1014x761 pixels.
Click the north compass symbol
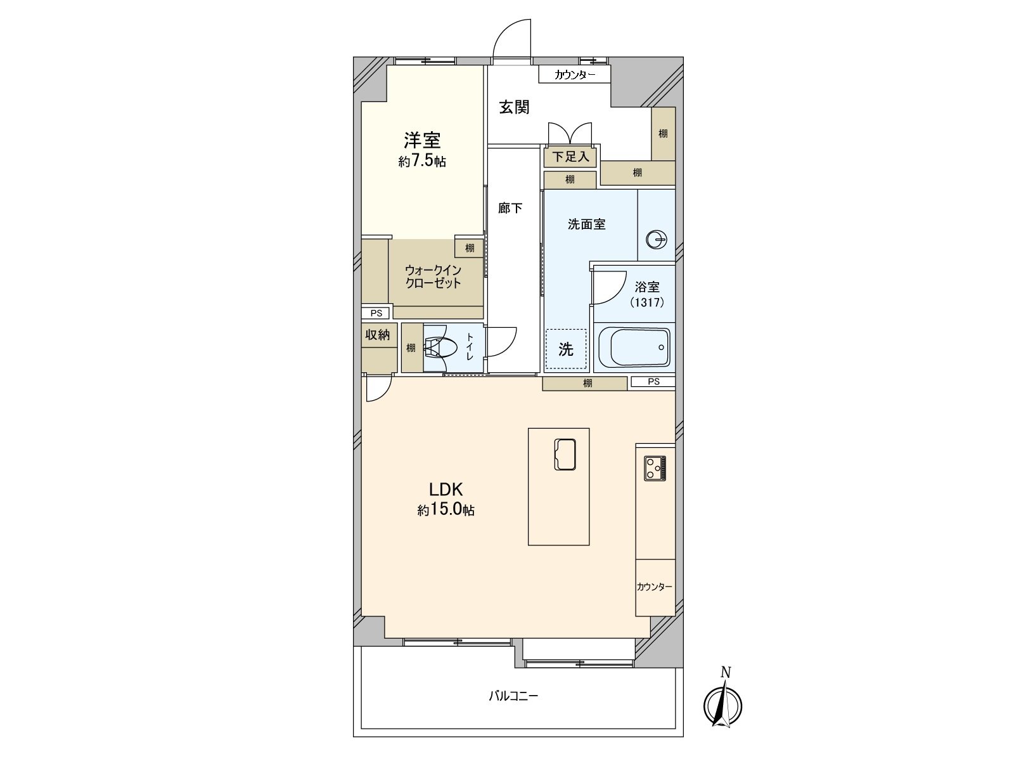(723, 704)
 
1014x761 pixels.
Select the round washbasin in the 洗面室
(656, 240)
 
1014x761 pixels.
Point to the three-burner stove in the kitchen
(655, 469)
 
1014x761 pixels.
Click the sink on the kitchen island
(565, 455)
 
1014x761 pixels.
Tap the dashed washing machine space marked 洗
(566, 349)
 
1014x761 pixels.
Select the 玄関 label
(513, 107)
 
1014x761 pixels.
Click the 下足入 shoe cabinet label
(570, 157)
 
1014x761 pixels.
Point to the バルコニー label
(513, 696)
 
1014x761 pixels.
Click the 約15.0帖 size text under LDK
(446, 510)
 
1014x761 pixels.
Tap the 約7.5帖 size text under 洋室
(422, 161)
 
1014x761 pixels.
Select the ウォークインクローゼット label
(433, 276)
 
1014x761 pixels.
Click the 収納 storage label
(377, 335)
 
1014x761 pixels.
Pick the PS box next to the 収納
(376, 313)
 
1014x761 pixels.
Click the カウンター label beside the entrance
(575, 75)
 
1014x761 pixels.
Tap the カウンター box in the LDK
(655, 587)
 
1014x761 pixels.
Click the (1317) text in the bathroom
(647, 302)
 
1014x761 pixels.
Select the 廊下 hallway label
(510, 207)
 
